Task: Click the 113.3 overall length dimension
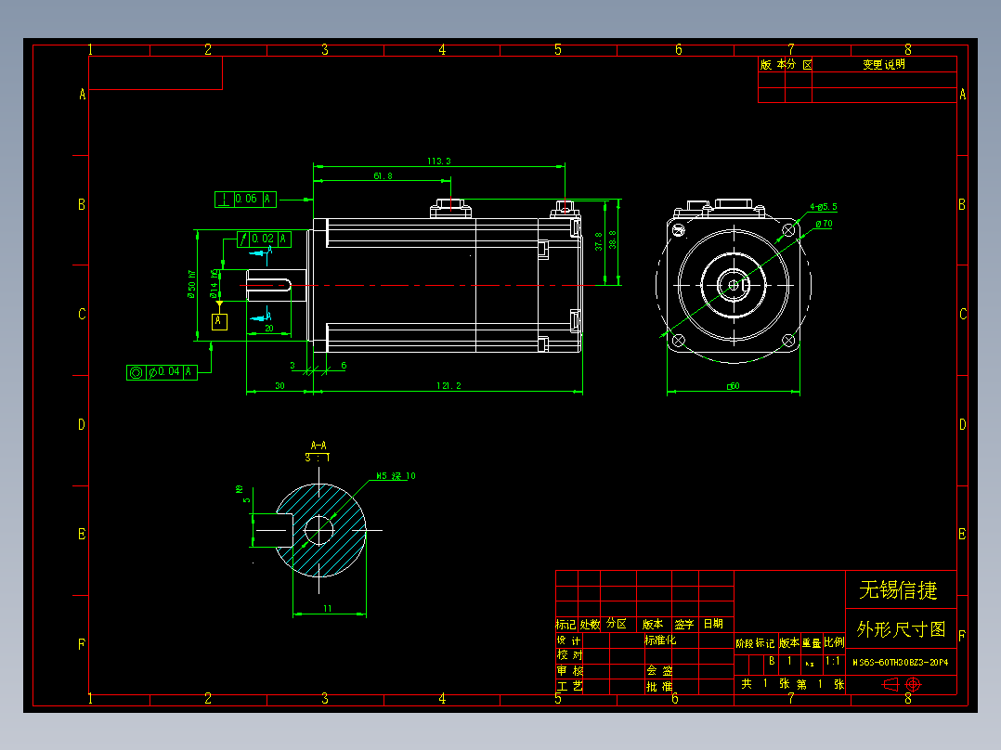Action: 439,162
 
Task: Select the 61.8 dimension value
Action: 383,175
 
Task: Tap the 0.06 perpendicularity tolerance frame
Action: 246,199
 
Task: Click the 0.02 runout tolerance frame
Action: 264,239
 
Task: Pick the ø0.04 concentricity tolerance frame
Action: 162,371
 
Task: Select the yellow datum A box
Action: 219,321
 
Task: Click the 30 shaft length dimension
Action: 279,385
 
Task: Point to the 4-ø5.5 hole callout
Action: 824,207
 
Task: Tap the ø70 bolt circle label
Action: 823,224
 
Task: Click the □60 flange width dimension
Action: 733,385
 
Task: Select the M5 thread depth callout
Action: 396,476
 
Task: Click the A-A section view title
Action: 318,446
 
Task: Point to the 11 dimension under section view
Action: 328,608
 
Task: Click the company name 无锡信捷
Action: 898,589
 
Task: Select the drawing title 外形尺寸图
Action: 901,629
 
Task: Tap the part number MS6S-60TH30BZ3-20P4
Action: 901,662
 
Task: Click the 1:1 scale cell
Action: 833,662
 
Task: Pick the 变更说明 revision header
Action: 883,65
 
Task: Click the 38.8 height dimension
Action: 612,240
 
